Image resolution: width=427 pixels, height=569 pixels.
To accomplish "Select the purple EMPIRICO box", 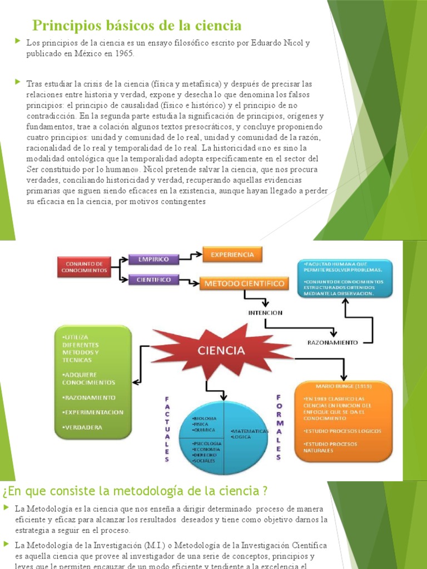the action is click(x=153, y=258).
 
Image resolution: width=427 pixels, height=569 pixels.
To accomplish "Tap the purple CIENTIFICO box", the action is click(x=153, y=279).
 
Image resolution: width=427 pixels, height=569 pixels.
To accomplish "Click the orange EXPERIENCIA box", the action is click(x=232, y=254).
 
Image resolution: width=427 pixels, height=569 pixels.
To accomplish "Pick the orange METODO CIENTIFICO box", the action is click(x=245, y=284).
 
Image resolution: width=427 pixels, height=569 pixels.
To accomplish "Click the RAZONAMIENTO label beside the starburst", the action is click(x=332, y=343).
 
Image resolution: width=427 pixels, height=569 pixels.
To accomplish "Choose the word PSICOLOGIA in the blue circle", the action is click(x=206, y=443).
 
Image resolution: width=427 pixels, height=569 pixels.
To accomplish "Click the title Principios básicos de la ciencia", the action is click(x=137, y=25).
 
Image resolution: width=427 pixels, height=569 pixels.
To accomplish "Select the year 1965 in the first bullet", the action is click(x=123, y=54).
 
